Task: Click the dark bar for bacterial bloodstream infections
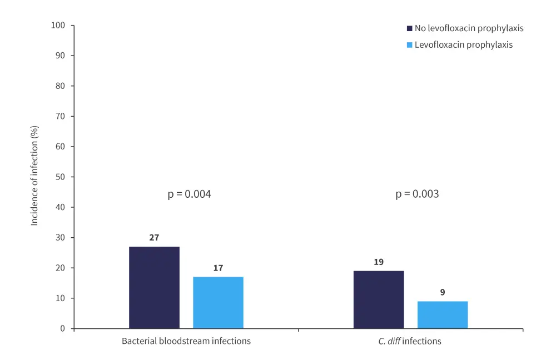[154, 287]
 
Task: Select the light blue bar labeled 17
[218, 302]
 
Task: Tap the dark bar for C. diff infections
[379, 299]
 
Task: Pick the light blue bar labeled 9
[443, 314]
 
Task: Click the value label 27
[154, 238]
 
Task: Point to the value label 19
[379, 262]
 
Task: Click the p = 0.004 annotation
[189, 194]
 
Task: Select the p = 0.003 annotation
[417, 194]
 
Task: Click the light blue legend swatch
[410, 45]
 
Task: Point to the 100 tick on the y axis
[58, 26]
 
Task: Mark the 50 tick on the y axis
[61, 177]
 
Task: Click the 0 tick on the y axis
[63, 328]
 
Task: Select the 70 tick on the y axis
[61, 117]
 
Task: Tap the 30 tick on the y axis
[61, 238]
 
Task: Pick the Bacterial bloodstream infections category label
[186, 341]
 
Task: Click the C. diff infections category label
[410, 341]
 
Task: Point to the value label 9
[443, 292]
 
